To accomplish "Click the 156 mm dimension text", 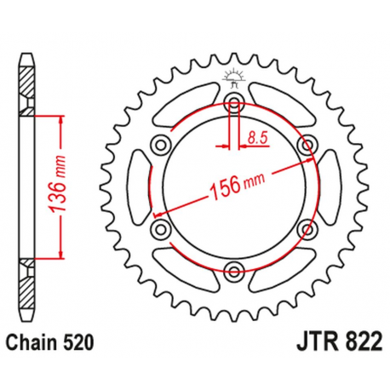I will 235,185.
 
